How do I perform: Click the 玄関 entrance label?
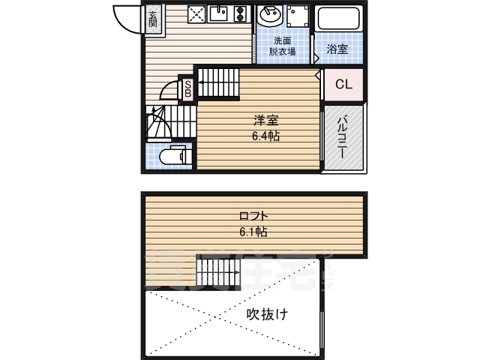[x=152, y=19]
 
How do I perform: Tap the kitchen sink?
[x=218, y=14]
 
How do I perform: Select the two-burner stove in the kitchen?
[x=241, y=14]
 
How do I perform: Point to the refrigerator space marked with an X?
[x=196, y=14]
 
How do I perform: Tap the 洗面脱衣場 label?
[x=282, y=46]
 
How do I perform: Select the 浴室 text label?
[x=337, y=50]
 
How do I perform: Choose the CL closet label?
[x=343, y=85]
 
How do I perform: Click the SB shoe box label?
[x=188, y=88]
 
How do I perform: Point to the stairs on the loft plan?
[x=217, y=270]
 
